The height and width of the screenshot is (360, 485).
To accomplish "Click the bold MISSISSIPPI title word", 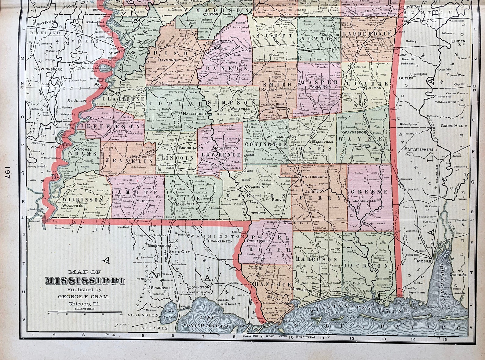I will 85,281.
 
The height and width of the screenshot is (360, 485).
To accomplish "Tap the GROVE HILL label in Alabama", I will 452,126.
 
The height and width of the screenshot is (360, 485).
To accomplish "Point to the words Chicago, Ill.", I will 85,304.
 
